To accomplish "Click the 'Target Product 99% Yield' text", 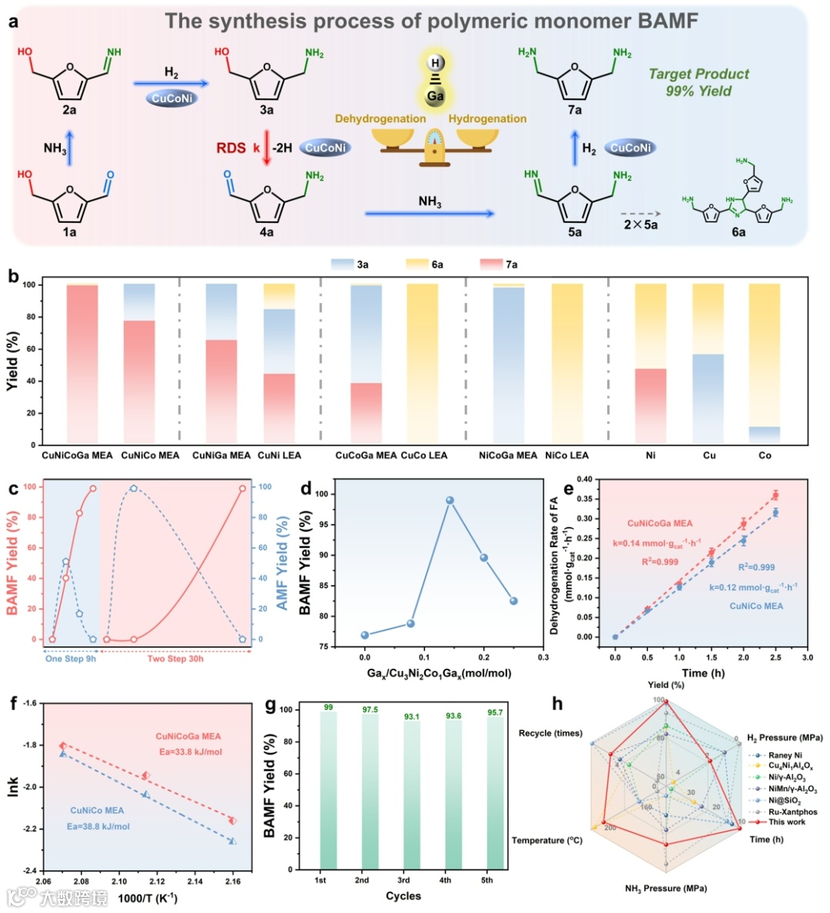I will click(x=698, y=82).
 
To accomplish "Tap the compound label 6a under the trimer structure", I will click(x=738, y=232).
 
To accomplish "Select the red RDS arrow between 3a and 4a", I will click(x=267, y=148).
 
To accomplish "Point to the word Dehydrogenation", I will click(x=380, y=118).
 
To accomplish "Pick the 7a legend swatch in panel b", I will click(x=491, y=264).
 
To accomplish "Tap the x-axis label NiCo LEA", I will click(x=566, y=455).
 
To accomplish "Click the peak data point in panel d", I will click(x=450, y=500).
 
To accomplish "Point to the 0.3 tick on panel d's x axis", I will click(x=543, y=658).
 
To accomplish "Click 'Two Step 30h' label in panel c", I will click(x=175, y=659).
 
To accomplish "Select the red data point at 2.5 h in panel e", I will click(x=775, y=495).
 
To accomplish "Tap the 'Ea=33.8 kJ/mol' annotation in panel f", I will click(x=189, y=752).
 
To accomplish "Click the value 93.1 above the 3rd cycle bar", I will click(x=403, y=716).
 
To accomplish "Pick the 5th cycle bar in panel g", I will click(x=487, y=792).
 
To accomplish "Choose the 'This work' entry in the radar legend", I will click(x=786, y=822).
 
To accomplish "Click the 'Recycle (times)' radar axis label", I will click(x=550, y=733).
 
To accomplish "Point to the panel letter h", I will click(x=558, y=704).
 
